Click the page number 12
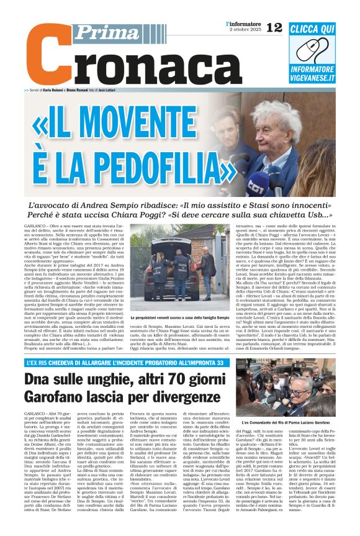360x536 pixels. (x=274, y=27)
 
